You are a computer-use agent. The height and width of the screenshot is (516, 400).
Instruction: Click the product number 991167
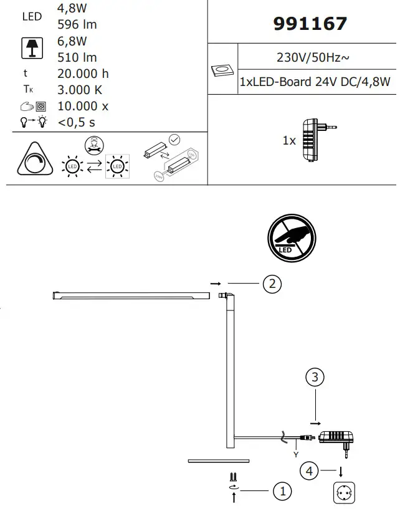pos(310,24)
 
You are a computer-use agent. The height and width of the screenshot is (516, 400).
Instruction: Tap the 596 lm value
pos(77,25)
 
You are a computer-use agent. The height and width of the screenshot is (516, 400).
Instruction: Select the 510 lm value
pos(77,58)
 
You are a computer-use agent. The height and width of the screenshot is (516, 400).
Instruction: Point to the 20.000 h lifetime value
pos(83,74)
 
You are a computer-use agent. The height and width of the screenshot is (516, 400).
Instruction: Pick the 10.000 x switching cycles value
pos(83,106)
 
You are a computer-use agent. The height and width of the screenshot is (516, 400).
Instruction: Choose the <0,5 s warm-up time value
pos(77,122)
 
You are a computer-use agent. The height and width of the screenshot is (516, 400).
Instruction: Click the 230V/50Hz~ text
pos(312,58)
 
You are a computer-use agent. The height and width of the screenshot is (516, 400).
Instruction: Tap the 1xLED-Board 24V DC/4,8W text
pos(315,82)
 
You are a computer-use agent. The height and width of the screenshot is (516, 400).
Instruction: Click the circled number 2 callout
pos(272,284)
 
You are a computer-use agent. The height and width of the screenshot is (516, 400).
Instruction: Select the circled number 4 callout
pos(309,471)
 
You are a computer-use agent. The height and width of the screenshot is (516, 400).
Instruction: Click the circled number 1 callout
pos(282,491)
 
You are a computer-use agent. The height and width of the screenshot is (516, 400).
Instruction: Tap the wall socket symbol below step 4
pos(345,494)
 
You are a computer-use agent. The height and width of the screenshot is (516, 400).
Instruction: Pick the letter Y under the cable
pos(296,454)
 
